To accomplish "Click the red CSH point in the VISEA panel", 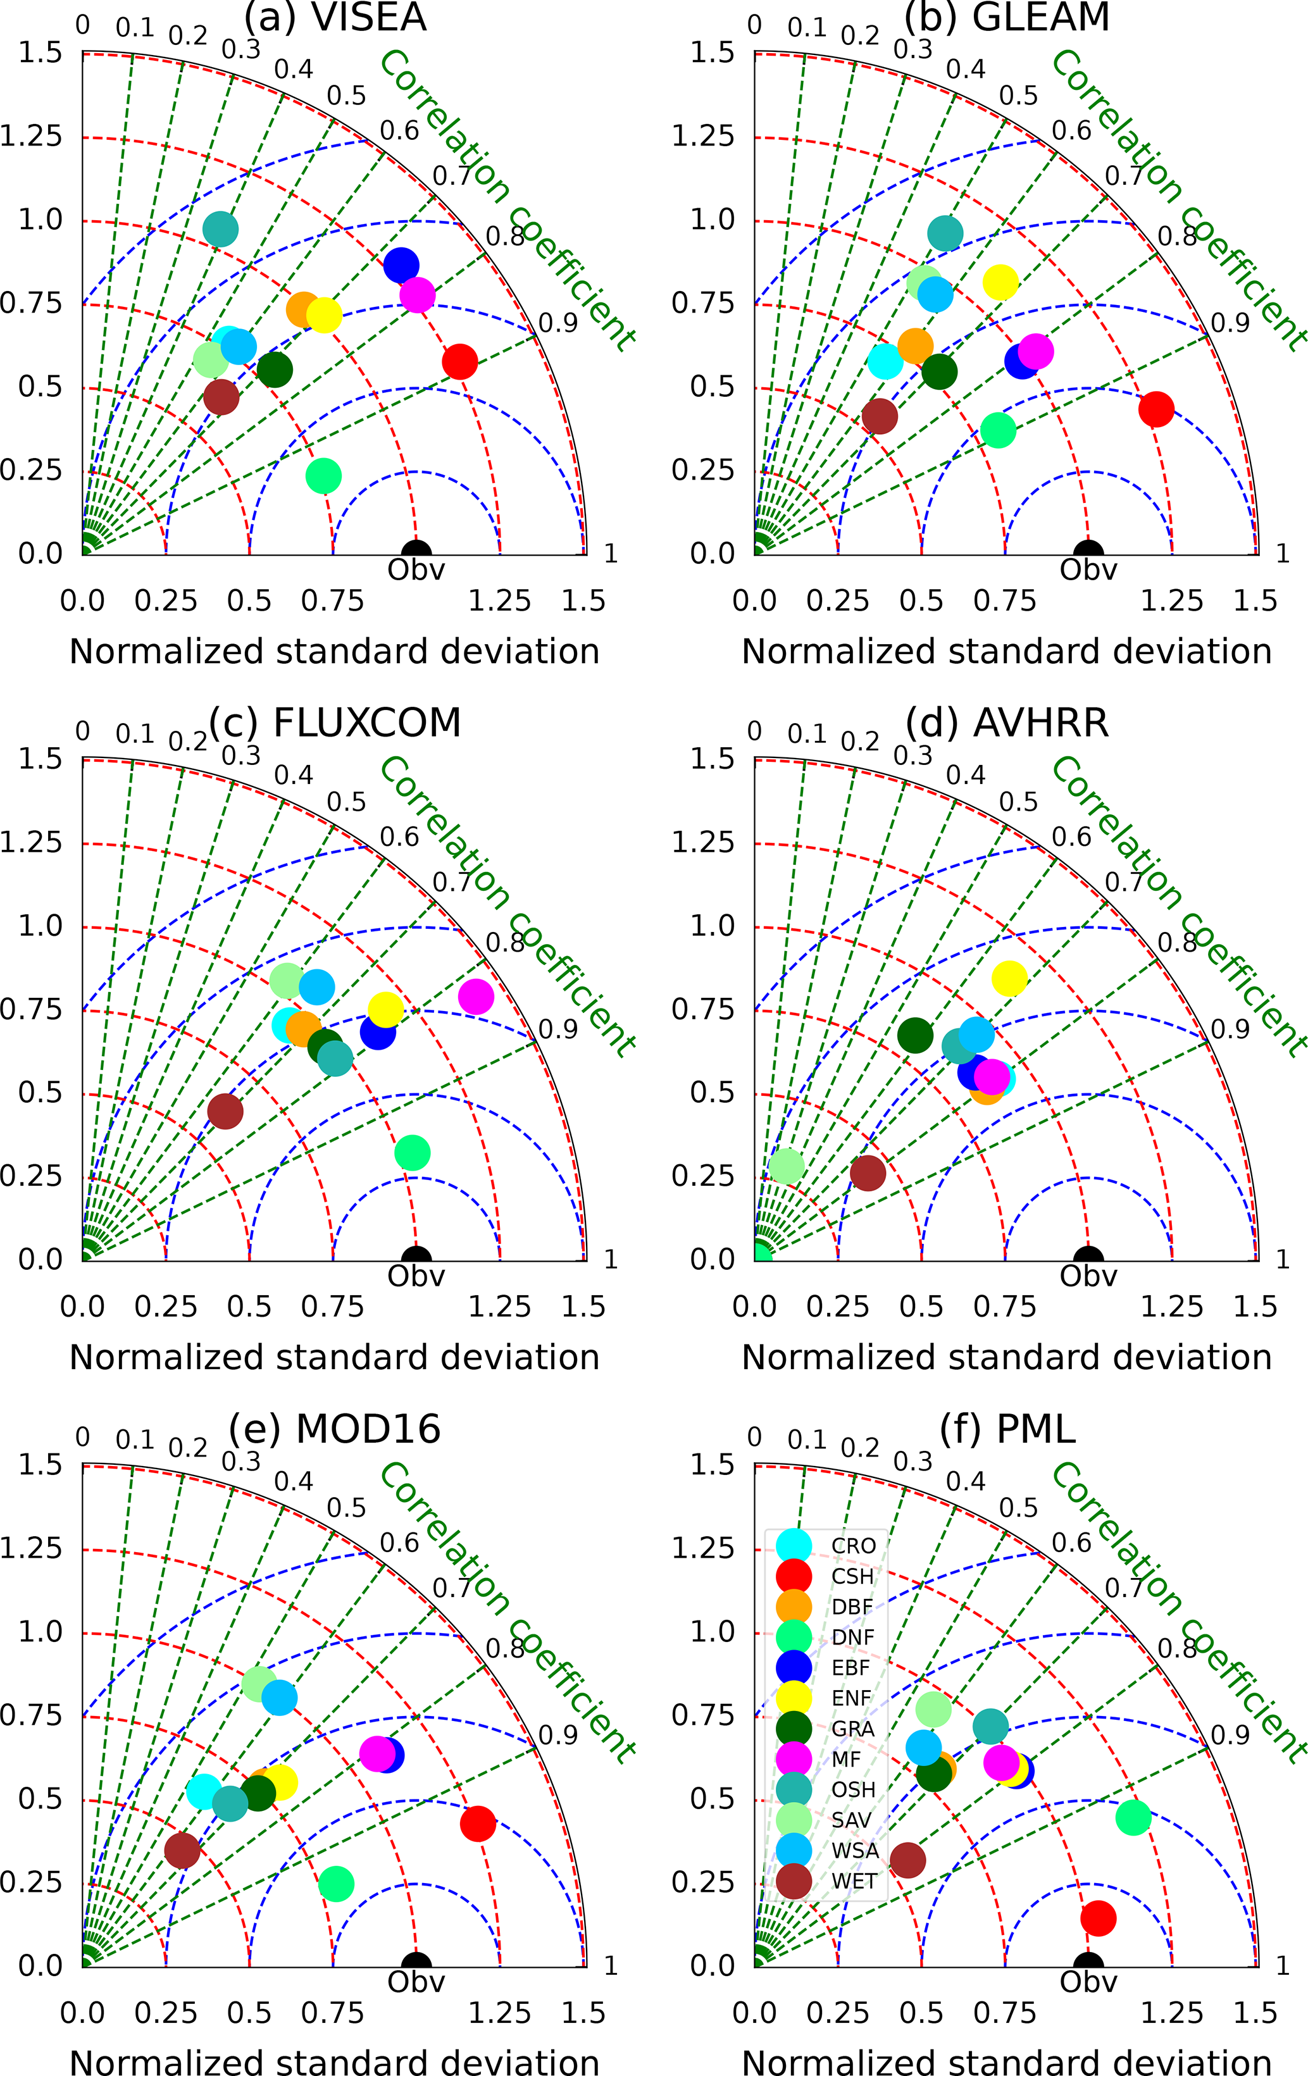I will click(x=459, y=361).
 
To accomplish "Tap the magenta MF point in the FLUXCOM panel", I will click(x=476, y=997).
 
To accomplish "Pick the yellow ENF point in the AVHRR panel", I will click(x=1010, y=978).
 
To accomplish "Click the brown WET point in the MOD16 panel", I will click(x=182, y=1850).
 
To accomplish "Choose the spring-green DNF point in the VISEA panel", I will click(x=323, y=475).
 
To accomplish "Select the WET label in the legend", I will click(x=854, y=1881).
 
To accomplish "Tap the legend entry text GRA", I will click(x=853, y=1729).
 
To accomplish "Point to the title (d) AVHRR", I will click(x=1007, y=723).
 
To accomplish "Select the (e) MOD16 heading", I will click(x=335, y=1429).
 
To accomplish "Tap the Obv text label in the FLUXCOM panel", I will click(x=416, y=1276).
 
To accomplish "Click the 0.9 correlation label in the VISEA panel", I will click(x=558, y=323).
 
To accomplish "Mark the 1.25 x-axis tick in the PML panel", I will click(x=1172, y=2013).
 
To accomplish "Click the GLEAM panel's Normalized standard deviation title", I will click(x=1006, y=652).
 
